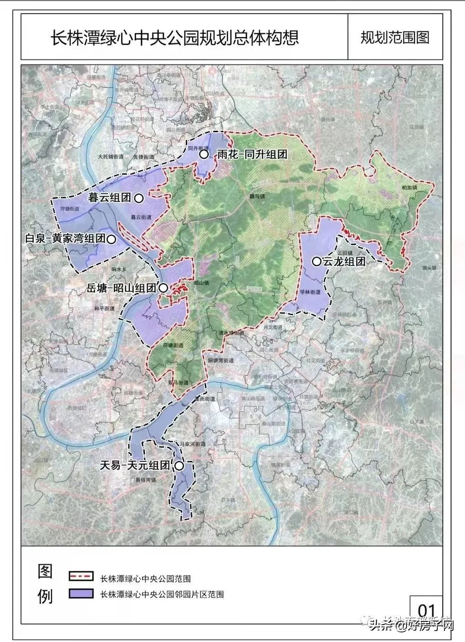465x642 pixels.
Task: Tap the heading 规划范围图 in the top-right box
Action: coord(395,37)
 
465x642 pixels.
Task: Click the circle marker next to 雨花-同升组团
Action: coord(204,155)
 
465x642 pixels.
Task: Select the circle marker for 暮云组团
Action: coord(139,198)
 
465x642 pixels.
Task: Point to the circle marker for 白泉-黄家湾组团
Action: coord(111,239)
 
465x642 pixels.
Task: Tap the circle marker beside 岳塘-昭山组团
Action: coord(163,288)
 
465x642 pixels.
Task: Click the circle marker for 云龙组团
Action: coord(316,262)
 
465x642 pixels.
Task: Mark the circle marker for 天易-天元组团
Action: coord(179,466)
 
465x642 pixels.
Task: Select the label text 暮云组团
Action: coord(110,198)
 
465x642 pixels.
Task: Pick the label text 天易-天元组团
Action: coord(135,466)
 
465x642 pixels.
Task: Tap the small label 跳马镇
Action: coord(257,196)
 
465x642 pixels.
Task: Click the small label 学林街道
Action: coord(311,292)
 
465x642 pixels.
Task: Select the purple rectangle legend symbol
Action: coord(81,593)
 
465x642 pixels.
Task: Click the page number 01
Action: coord(426,610)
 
